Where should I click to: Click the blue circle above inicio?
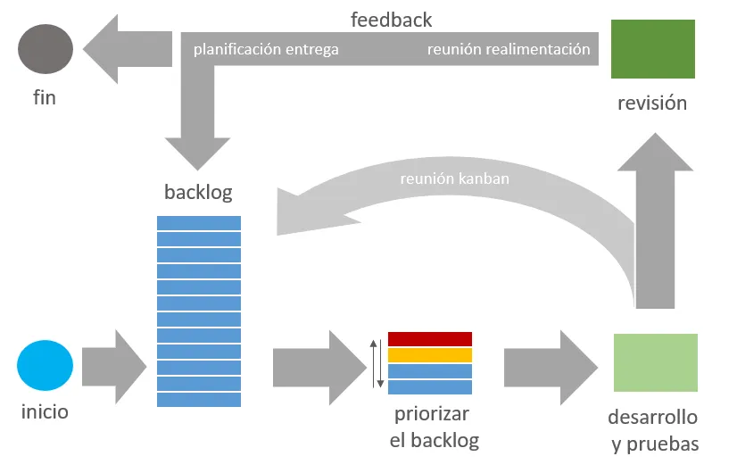[45, 366]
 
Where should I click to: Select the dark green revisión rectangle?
[652, 49]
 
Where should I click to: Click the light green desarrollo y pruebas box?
[656, 362]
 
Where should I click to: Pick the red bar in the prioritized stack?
[430, 339]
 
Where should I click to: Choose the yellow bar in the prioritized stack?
[430, 355]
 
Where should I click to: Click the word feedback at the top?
[391, 20]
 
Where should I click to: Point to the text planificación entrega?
[266, 49]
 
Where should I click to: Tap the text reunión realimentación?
[509, 49]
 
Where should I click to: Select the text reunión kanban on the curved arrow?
[454, 178]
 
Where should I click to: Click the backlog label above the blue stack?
[198, 192]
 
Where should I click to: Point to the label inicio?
[45, 412]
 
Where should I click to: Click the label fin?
[45, 97]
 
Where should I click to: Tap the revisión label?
[652, 103]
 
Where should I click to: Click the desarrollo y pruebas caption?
[652, 431]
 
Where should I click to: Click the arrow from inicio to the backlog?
[113, 366]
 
